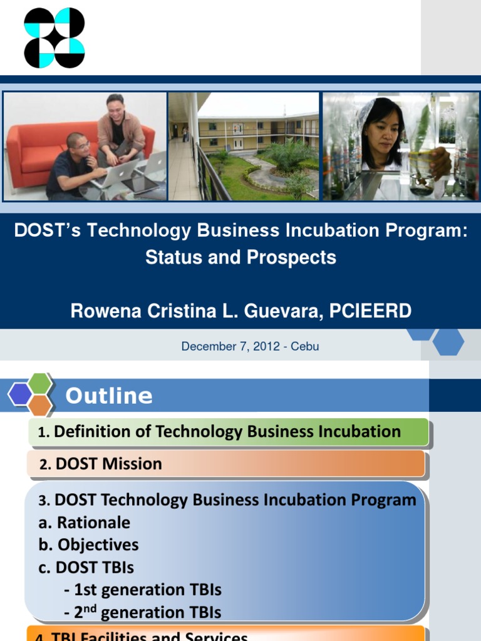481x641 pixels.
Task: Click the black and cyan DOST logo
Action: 54,38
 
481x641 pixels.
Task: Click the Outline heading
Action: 109,396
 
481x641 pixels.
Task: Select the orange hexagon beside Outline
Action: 40,405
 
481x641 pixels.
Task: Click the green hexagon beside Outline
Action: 40,383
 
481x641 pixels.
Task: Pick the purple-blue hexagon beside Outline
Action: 19,394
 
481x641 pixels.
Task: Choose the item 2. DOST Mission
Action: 100,464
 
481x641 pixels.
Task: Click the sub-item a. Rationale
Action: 85,523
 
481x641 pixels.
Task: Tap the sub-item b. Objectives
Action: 88,545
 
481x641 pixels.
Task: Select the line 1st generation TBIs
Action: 143,590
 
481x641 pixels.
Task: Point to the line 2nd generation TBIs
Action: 143,612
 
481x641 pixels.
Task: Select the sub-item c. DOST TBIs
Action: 86,567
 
